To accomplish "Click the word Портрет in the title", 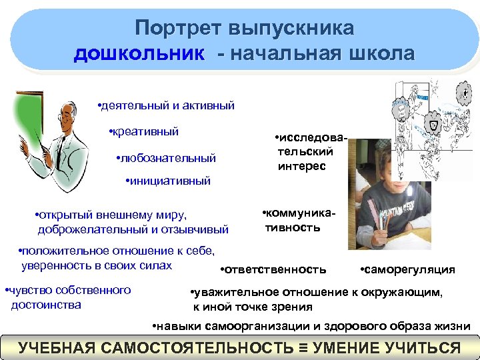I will (175, 28).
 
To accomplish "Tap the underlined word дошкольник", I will (139, 53).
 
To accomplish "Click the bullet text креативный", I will (146, 131).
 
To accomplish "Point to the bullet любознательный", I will (168, 158).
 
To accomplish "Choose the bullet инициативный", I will (171, 180).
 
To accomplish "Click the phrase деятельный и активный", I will (168, 106).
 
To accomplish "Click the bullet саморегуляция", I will (410, 269).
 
